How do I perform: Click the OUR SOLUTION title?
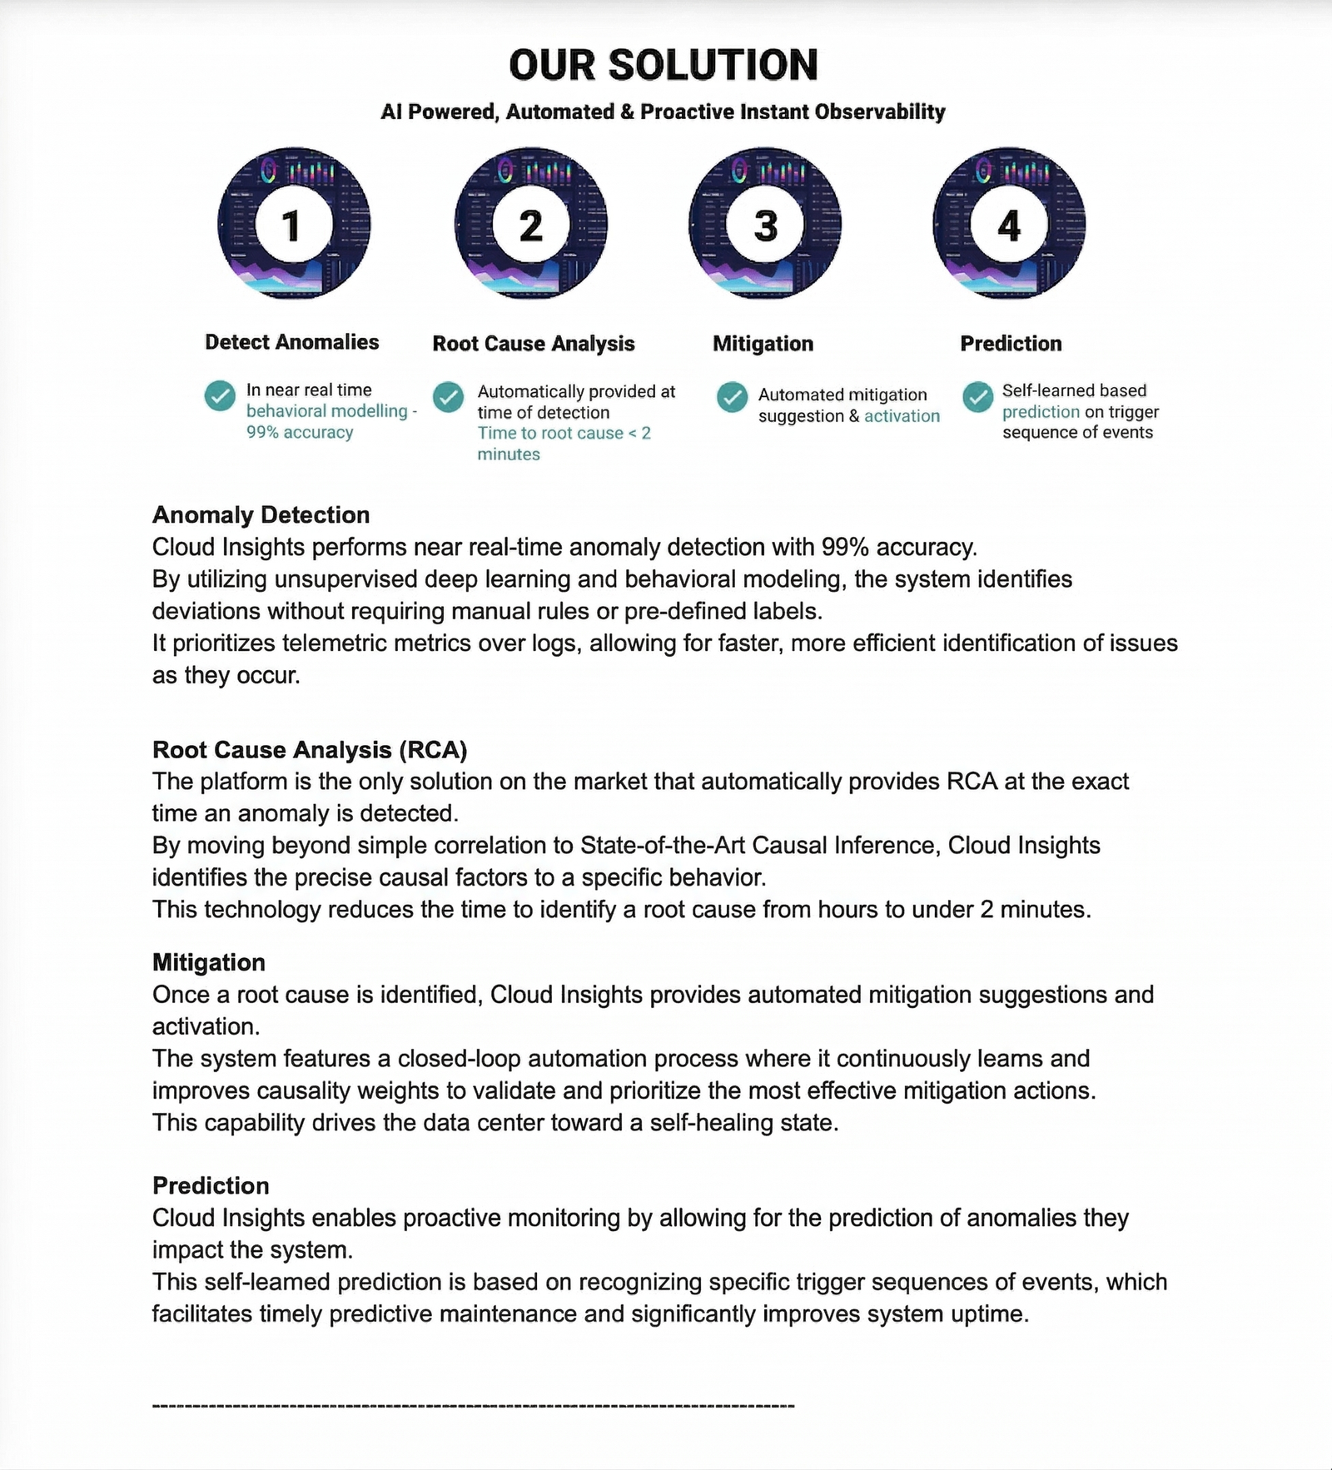[x=664, y=65]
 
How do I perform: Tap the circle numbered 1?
[x=293, y=225]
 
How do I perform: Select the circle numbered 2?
[x=530, y=225]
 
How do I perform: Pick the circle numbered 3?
[x=765, y=225]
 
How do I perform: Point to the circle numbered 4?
[x=1009, y=225]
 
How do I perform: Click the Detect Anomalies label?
[x=291, y=342]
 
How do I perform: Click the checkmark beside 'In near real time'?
[x=220, y=396]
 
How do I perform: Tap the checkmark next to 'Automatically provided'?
[x=448, y=397]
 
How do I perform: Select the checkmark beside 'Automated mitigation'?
[x=732, y=397]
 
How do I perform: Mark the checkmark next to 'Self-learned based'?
[x=978, y=397]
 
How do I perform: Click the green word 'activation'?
[x=902, y=416]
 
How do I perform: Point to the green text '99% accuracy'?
[x=300, y=433]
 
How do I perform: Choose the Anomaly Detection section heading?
[x=261, y=515]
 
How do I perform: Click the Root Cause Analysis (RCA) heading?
[x=310, y=750]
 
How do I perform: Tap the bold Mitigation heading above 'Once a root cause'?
[x=209, y=962]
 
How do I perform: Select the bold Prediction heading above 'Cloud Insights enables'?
[x=211, y=1185]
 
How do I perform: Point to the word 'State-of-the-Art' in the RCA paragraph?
[x=663, y=846]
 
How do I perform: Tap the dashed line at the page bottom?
[x=473, y=1406]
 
